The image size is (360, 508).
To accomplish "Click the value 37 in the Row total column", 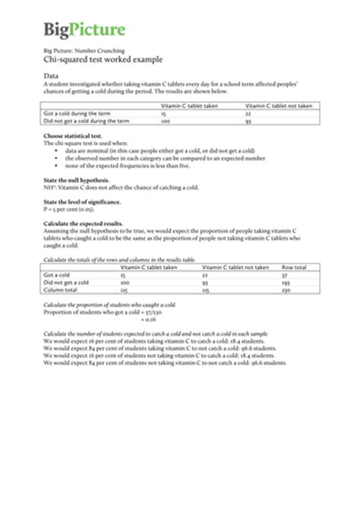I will (x=284, y=275).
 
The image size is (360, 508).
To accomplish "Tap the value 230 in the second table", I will (x=286, y=290).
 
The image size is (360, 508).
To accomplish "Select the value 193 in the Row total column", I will (x=286, y=282).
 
